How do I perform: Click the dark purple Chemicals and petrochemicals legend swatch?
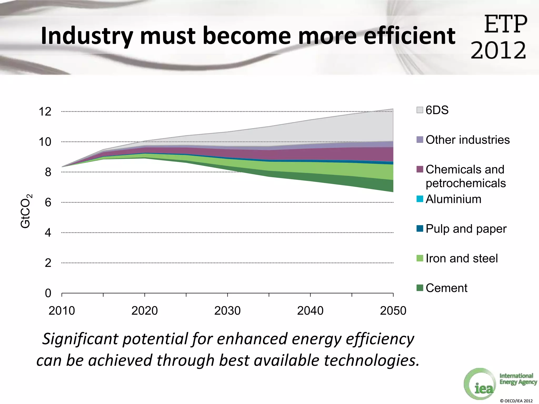click(x=420, y=169)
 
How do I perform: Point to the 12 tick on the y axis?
click(x=45, y=112)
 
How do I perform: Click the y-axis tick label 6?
click(x=48, y=203)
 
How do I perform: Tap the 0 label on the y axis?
click(x=48, y=293)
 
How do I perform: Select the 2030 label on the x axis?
click(x=227, y=311)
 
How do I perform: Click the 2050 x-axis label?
click(x=393, y=311)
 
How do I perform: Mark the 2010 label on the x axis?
click(x=62, y=311)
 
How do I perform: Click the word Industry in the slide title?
click(x=87, y=36)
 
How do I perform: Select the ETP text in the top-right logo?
click(x=506, y=24)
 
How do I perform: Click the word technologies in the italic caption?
click(x=371, y=360)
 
